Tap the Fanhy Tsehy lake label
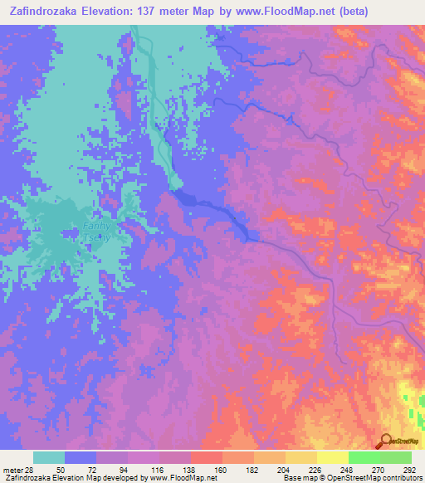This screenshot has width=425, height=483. coord(96,230)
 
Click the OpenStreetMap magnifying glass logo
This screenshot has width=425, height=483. coord(386,440)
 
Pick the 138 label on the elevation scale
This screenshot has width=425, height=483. coord(190,471)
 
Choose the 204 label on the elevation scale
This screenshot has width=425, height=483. coord(285,471)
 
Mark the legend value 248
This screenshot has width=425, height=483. coord(348,471)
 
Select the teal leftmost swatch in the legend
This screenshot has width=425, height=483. coord(48,457)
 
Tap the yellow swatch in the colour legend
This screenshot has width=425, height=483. coord(332,457)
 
